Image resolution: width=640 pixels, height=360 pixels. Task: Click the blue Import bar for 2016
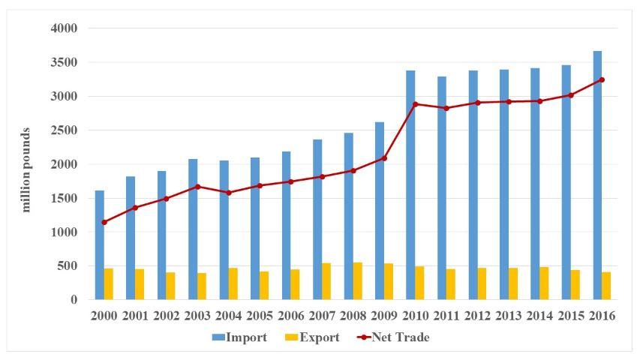597,175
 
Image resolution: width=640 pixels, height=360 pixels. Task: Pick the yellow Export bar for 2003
202,286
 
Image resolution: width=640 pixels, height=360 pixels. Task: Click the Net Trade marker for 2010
415,104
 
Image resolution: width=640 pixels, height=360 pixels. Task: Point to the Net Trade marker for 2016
602,79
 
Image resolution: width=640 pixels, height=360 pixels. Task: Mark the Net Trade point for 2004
229,193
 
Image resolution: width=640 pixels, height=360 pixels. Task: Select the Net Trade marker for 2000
104,222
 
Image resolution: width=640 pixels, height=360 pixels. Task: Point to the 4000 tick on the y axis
63,28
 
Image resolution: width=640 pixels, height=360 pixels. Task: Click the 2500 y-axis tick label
63,130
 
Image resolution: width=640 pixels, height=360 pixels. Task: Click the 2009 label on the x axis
384,316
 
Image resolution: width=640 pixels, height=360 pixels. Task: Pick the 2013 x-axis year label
509,316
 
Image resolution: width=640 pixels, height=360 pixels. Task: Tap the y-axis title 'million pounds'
26,169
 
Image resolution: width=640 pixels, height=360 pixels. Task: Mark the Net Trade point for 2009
384,158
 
